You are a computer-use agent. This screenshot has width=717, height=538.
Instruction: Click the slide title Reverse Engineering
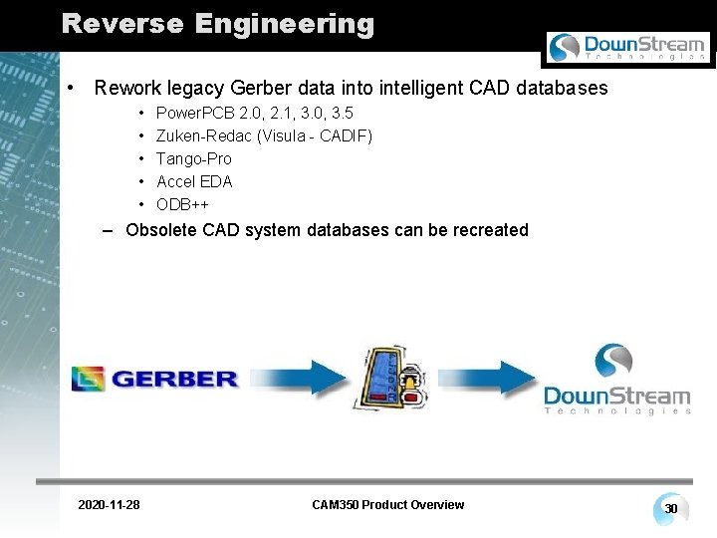[217, 24]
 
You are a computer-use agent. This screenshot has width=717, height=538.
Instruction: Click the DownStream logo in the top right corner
[627, 47]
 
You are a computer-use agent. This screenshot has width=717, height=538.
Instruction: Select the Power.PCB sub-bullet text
[254, 113]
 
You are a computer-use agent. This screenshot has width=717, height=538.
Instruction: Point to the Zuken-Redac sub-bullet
[264, 135]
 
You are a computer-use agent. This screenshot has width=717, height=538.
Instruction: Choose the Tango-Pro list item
[193, 158]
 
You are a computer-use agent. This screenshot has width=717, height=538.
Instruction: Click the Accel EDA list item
[193, 181]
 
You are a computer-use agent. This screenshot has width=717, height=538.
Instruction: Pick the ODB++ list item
[182, 204]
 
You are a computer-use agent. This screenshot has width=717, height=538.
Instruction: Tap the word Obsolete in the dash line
[161, 230]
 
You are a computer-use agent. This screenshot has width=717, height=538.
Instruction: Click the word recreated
[491, 230]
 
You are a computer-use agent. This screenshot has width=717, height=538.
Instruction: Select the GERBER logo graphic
[154, 379]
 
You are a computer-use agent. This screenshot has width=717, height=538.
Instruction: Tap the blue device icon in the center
[392, 377]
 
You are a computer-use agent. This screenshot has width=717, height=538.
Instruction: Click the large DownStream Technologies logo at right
[616, 379]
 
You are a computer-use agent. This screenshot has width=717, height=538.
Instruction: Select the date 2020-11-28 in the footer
[109, 505]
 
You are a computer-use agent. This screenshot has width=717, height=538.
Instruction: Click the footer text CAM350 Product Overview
[387, 505]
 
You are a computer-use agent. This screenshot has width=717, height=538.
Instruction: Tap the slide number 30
[671, 509]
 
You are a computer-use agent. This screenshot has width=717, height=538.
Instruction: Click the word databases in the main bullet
[556, 88]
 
